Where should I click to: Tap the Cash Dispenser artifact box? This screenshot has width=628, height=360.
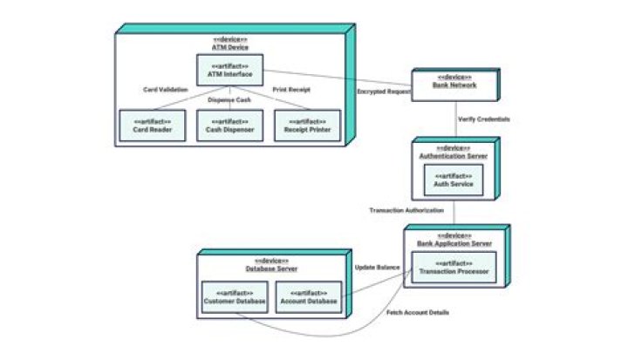229,126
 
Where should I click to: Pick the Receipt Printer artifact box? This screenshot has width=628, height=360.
306,126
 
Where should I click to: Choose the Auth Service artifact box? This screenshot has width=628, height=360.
454,180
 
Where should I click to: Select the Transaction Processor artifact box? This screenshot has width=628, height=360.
453,268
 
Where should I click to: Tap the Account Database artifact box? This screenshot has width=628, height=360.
306,297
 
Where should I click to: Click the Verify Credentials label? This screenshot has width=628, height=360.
483,118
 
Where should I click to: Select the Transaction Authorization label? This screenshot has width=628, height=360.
406,210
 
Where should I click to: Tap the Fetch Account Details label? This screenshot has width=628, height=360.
418,312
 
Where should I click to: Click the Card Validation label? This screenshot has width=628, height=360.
165,89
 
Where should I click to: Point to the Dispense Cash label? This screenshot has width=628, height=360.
229,99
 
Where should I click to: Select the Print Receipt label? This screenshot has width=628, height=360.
292,89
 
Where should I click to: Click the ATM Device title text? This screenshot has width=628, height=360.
230,46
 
